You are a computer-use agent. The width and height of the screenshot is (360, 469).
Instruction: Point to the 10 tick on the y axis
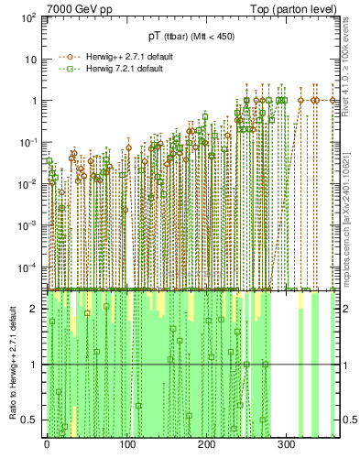click(x=30, y=60)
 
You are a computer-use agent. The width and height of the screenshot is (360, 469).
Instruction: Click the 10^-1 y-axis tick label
click(x=27, y=142)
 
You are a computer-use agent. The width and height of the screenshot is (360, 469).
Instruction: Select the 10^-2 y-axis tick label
click(x=27, y=183)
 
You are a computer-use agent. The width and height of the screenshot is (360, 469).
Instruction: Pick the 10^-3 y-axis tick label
click(x=27, y=225)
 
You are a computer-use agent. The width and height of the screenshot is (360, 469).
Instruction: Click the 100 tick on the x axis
click(x=127, y=446)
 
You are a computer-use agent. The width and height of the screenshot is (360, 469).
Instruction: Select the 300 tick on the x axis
click(x=288, y=446)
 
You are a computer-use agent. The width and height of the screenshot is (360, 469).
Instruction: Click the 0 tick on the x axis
click(x=47, y=446)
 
